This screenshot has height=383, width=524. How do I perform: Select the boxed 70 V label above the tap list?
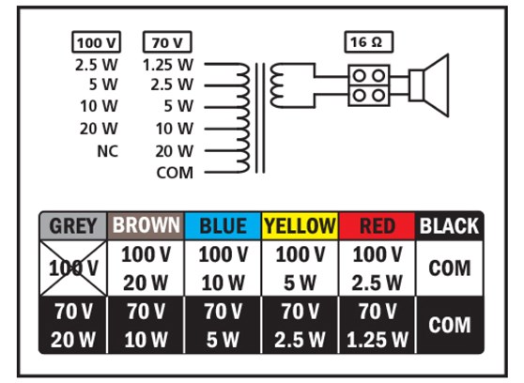click(x=167, y=43)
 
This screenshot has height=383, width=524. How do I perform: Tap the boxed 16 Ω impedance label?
click(x=368, y=43)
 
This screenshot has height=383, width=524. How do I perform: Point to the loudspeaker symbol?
click(x=433, y=84)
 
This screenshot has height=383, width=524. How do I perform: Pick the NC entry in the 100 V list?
click(x=107, y=150)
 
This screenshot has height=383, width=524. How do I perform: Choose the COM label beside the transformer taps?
click(x=175, y=172)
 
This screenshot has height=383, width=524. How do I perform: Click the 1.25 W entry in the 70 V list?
click(x=170, y=66)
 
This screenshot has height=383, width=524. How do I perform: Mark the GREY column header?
click(x=73, y=226)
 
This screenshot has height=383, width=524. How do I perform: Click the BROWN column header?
click(x=146, y=226)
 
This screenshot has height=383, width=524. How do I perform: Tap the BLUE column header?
click(x=223, y=226)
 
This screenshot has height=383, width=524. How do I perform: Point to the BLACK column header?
click(x=449, y=226)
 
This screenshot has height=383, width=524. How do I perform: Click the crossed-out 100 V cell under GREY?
click(x=73, y=267)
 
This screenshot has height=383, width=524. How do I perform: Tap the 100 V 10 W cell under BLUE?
click(x=223, y=267)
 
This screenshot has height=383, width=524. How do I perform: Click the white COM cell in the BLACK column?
click(x=449, y=267)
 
